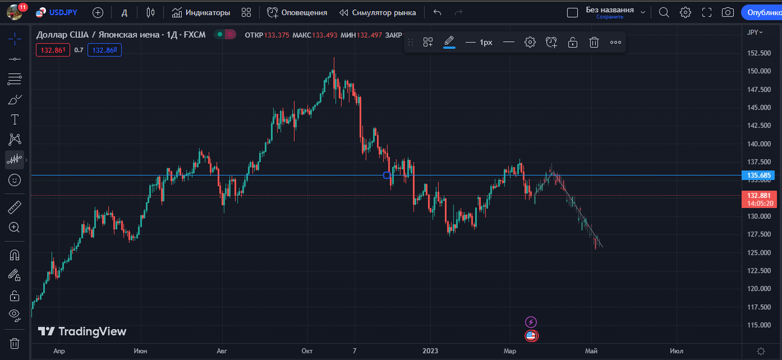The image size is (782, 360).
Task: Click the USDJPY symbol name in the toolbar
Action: click(63, 13)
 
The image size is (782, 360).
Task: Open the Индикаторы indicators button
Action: click(201, 13)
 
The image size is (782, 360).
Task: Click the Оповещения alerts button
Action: click(297, 13)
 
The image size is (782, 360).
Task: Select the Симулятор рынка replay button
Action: click(378, 13)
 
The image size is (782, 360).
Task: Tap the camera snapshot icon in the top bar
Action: click(727, 13)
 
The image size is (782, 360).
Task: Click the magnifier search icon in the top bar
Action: click(664, 13)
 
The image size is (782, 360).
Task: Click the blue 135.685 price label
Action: click(758, 175)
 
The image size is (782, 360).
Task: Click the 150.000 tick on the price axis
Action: click(758, 72)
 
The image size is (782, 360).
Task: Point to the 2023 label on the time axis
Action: click(430, 351)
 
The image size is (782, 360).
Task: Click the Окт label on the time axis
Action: click(307, 351)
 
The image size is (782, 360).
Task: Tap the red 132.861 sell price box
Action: click(53, 50)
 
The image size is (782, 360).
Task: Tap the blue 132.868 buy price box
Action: click(104, 50)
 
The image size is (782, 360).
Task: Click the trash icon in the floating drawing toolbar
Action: click(594, 42)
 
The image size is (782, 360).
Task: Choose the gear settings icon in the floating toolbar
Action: click(530, 42)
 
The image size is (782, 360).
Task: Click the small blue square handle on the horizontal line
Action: click(387, 175)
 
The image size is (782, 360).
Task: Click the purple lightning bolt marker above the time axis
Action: click(530, 322)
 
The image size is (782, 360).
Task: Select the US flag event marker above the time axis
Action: click(531, 336)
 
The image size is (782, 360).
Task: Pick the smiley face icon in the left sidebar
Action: click(15, 180)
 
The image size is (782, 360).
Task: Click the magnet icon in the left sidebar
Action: click(15, 255)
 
